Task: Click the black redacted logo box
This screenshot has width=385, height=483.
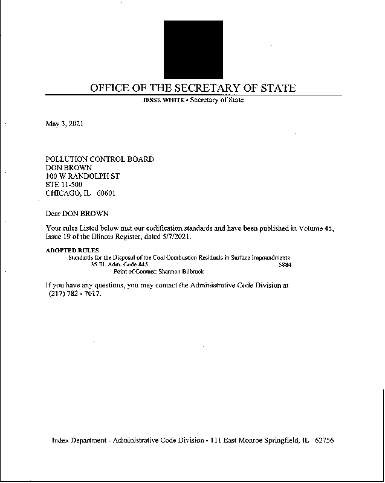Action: click(x=193, y=49)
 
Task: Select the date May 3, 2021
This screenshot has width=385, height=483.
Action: click(x=65, y=124)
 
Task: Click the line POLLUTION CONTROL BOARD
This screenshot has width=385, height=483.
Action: click(x=100, y=159)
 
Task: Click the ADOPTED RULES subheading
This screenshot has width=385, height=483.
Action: click(x=73, y=250)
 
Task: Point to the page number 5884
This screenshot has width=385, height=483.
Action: click(x=285, y=264)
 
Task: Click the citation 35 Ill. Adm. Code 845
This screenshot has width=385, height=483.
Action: click(x=119, y=264)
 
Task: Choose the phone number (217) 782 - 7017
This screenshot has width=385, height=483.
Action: click(x=74, y=293)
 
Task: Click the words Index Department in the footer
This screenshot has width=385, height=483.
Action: click(x=80, y=441)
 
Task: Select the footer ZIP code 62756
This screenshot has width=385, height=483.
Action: click(x=325, y=441)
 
